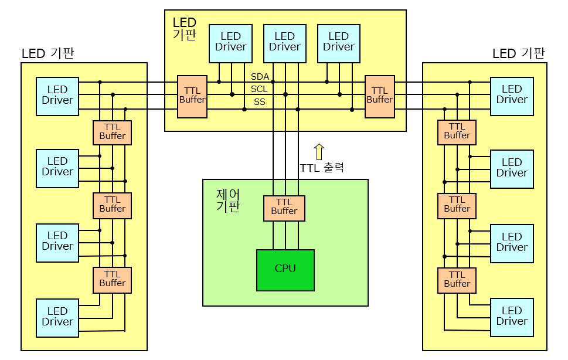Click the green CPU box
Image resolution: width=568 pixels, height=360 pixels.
pos(285,270)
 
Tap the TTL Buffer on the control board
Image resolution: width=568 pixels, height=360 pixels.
pos(284,208)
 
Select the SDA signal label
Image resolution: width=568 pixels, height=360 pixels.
pos(260,77)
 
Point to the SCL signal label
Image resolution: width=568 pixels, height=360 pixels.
pos(259,89)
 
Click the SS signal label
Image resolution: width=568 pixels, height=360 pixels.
pos(259,102)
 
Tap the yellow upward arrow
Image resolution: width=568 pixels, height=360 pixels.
pos(319,152)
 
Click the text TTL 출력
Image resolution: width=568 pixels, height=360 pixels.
pos(322,168)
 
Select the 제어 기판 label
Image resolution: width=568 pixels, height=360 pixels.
pos(228,201)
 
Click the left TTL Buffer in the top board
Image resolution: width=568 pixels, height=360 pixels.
pos(192,97)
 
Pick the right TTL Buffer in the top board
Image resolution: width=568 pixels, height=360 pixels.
pos(380,97)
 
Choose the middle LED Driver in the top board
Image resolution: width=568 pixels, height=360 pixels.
pos(285,43)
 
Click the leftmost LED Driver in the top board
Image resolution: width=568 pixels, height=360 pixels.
pos(231,43)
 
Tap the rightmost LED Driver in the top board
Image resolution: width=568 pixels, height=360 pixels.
pos(339,43)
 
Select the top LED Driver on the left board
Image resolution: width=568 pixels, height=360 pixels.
pos(57,96)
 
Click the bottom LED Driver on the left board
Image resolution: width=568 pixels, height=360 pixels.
pos(57,318)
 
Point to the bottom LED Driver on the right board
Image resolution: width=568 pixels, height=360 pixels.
pos(512,318)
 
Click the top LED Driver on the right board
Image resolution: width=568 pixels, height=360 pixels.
pos(512,96)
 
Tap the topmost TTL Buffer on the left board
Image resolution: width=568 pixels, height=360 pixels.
pos(113,133)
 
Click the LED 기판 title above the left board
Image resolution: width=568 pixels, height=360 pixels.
pos(48,53)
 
